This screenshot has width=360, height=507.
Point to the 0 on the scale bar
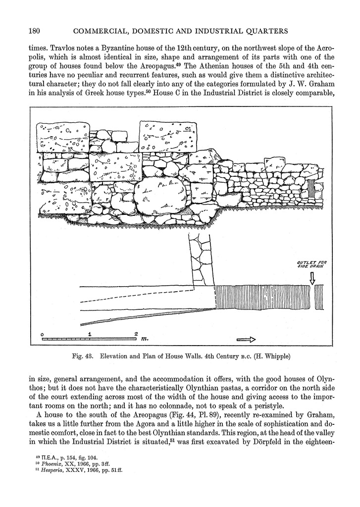pos(43,334)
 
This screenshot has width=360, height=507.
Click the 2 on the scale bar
pos(135,334)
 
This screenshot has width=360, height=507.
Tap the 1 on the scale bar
pos(89,334)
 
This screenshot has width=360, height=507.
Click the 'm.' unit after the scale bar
pos(145,340)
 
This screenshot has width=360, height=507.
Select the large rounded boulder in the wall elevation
pos(160,195)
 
